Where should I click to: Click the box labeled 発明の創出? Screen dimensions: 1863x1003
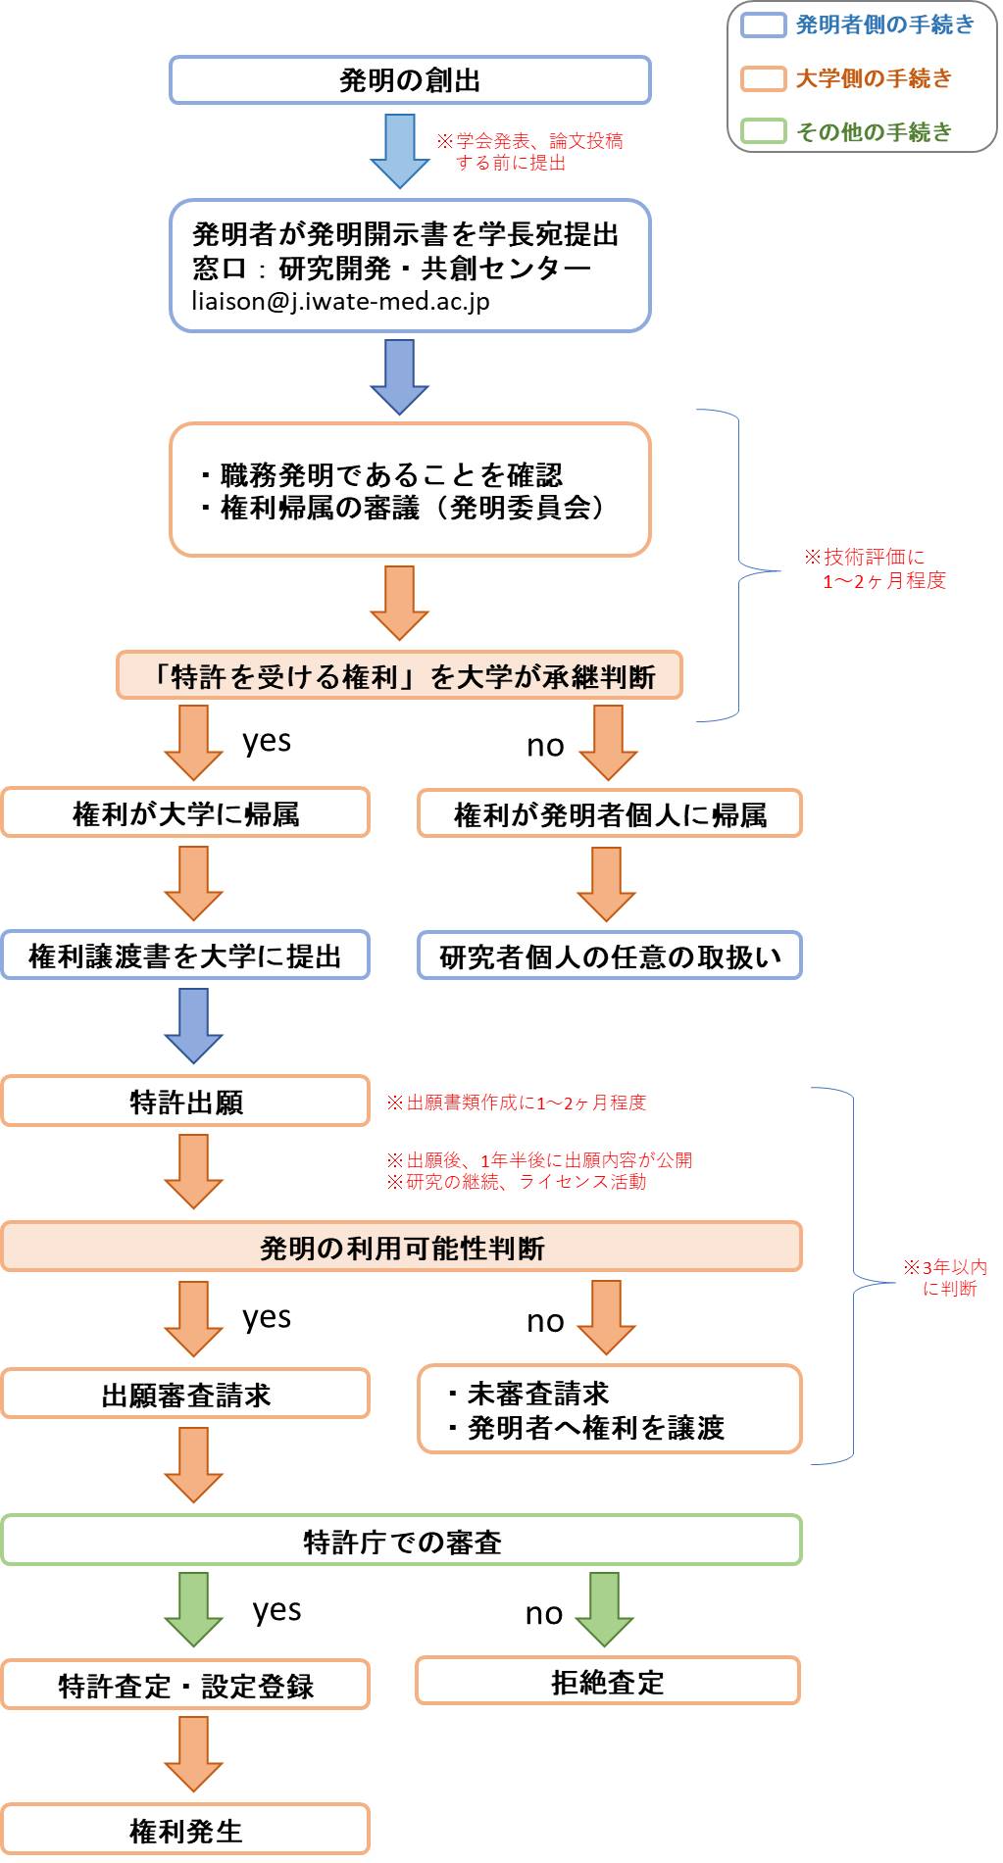410,80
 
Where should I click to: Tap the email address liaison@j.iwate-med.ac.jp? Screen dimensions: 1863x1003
340,301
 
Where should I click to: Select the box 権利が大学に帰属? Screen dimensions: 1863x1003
185,813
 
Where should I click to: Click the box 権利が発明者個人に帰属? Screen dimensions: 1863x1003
610,814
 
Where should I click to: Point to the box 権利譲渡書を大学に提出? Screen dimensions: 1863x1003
185,956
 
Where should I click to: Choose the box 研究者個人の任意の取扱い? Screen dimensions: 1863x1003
610,956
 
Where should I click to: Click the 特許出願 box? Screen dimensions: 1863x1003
185,1102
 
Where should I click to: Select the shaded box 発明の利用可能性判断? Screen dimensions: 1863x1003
402,1248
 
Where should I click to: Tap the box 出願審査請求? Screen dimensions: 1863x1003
185,1395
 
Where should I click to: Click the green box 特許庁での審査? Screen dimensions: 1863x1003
402,1542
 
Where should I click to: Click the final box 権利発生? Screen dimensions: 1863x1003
185,1830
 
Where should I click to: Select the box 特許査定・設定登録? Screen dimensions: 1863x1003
185,1686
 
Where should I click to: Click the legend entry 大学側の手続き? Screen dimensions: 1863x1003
873,78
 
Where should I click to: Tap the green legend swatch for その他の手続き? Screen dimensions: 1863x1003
764,131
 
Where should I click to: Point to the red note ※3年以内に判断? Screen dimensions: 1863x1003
946,1278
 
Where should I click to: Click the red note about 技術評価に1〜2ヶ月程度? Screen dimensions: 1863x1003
876,569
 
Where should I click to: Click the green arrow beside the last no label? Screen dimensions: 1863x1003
604,1609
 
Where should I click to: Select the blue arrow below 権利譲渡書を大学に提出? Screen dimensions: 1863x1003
193,1025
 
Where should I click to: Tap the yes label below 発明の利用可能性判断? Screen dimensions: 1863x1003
267,1317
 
